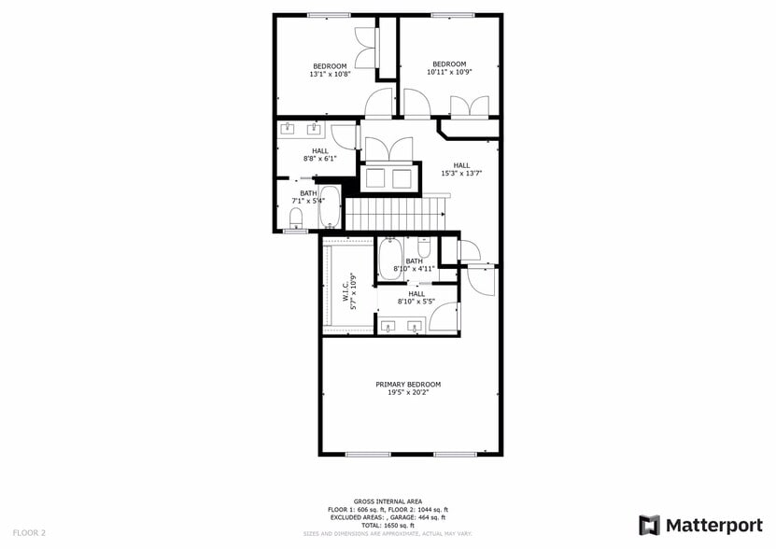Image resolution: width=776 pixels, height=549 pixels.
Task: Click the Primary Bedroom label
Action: click(x=408, y=384)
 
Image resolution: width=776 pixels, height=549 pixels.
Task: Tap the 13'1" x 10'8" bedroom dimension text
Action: click(x=330, y=74)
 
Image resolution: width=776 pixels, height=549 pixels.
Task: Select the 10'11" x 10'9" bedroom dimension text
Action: click(x=449, y=72)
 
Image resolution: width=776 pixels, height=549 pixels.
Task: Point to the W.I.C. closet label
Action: click(x=345, y=289)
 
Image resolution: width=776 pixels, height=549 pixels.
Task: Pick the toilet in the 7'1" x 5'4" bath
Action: click(x=296, y=218)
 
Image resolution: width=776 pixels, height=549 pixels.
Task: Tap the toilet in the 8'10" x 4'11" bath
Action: click(x=424, y=248)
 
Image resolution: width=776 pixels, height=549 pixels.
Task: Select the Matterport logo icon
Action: click(x=649, y=525)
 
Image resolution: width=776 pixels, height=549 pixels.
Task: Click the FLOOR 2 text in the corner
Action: click(x=30, y=532)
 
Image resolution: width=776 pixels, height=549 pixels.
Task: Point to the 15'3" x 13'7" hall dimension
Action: click(x=461, y=173)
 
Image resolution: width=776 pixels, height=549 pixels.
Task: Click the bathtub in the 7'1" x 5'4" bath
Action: click(x=330, y=208)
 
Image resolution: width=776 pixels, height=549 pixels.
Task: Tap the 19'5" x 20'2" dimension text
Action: click(x=408, y=392)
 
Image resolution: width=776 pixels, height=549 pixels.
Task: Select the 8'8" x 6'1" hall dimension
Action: click(x=319, y=159)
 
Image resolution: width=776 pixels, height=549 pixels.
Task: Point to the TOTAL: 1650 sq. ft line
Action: click(x=387, y=525)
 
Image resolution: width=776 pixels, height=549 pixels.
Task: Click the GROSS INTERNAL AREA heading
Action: click(x=387, y=501)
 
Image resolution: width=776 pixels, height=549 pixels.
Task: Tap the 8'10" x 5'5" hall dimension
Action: click(x=416, y=302)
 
